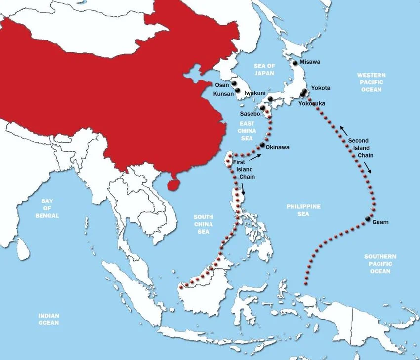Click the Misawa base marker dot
[x=295, y=63]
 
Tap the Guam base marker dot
[x=368, y=219]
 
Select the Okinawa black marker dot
[x=262, y=144]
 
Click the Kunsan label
[x=223, y=94]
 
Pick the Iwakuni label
[x=255, y=93]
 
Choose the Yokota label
[x=321, y=88]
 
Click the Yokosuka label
[x=314, y=104]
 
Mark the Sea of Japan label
[x=264, y=70]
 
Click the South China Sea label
[x=203, y=224]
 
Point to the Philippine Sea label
[x=303, y=210]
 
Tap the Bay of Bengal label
[x=47, y=208]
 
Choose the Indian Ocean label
[x=49, y=319]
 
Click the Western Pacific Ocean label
[x=372, y=82]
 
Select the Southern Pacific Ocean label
[x=380, y=264]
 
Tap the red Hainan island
[x=172, y=183]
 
